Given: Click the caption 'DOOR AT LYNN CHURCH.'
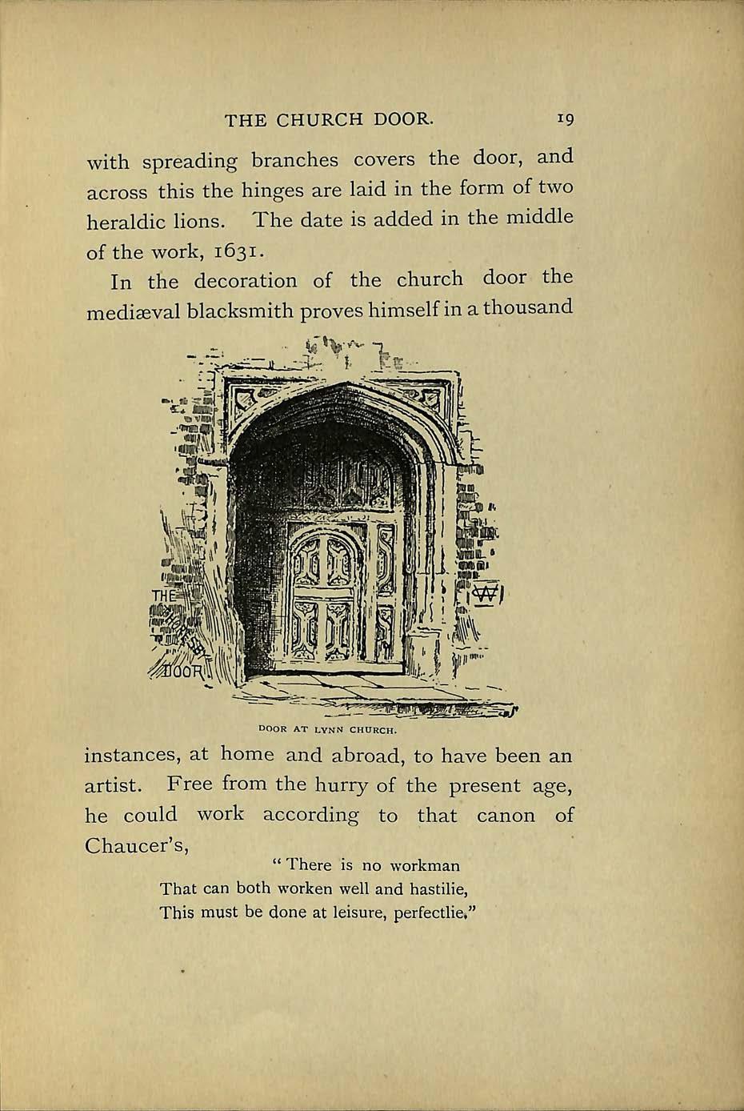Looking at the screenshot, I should point(328,729).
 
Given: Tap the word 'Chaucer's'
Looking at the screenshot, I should point(136,846).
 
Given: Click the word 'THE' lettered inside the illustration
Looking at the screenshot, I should point(163,596).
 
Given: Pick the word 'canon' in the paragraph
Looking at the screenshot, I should point(506,816).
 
